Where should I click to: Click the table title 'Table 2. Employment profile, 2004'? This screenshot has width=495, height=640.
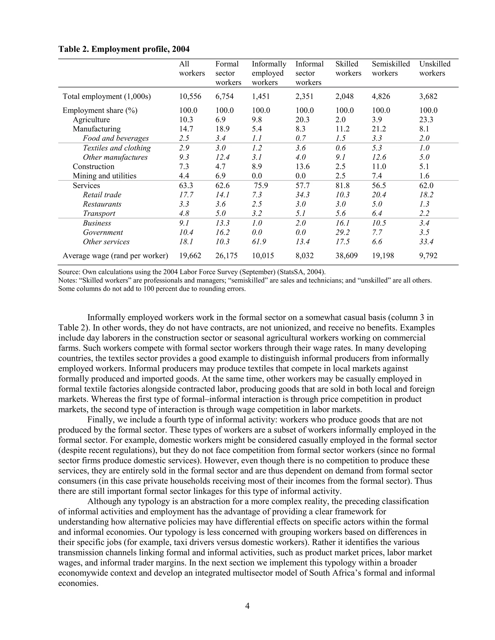click(x=124, y=49)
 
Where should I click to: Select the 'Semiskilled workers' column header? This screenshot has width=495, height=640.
click(x=391, y=69)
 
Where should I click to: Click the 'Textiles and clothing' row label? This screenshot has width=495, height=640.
click(x=117, y=148)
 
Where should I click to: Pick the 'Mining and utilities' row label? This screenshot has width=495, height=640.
click(x=104, y=176)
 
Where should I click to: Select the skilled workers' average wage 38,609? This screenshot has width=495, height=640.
click(x=346, y=256)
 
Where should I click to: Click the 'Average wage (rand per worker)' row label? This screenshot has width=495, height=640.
click(x=115, y=256)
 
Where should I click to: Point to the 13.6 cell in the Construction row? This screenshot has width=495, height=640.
click(x=302, y=166)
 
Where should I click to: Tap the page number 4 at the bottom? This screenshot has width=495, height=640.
click(x=247, y=606)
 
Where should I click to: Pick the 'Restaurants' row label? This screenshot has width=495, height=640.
click(x=102, y=204)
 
